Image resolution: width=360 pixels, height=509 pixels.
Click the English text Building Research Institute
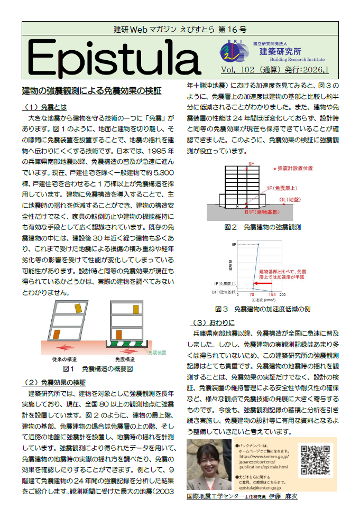click(x=292, y=60)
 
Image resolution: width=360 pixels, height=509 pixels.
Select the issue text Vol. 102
click(x=238, y=69)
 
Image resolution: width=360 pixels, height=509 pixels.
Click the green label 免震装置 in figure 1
click(x=157, y=352)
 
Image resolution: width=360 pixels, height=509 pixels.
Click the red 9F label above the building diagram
click(x=251, y=165)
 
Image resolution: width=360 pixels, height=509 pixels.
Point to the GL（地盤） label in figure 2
click(x=290, y=199)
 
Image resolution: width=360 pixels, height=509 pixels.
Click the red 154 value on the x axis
click(x=272, y=294)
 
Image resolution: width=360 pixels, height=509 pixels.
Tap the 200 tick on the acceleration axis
click(x=282, y=294)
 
